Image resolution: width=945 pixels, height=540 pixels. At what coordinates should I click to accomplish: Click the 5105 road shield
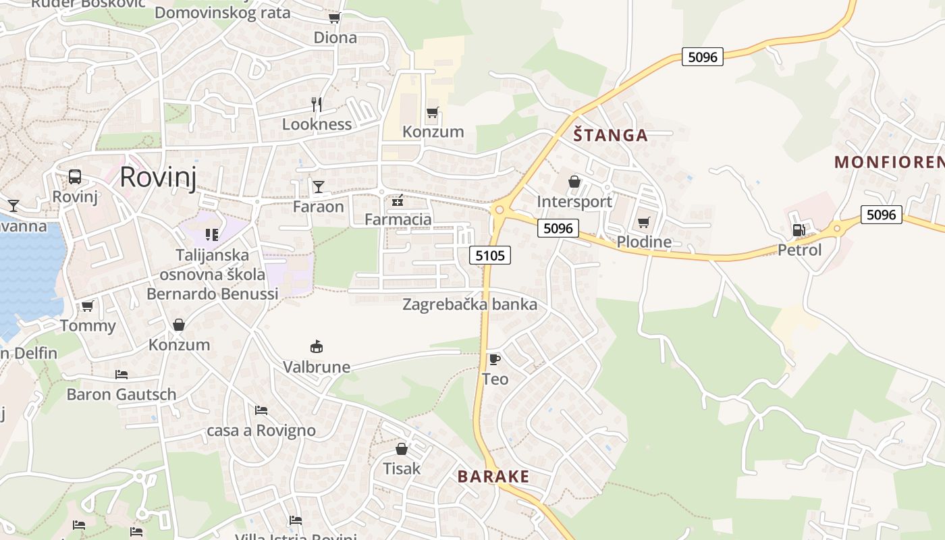click(489, 255)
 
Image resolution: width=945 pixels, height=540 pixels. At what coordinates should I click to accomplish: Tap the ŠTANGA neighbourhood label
click(610, 135)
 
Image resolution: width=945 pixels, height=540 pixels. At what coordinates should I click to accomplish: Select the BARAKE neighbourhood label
click(493, 477)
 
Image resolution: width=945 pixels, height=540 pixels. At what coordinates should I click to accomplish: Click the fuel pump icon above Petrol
click(799, 230)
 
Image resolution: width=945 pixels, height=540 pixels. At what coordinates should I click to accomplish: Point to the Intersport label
click(574, 201)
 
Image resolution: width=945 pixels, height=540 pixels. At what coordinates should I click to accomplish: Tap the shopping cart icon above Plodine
click(643, 222)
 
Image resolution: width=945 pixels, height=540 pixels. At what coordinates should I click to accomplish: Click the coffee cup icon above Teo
click(494, 359)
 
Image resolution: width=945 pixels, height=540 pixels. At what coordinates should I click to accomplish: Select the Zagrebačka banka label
click(470, 304)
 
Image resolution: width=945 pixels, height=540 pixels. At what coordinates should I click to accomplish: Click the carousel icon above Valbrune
click(316, 347)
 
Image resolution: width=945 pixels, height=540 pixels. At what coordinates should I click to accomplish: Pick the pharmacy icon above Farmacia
click(398, 200)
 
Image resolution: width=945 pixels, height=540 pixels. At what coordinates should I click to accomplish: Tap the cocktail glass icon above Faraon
click(318, 186)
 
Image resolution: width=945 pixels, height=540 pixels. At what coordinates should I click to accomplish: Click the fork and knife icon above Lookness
click(316, 104)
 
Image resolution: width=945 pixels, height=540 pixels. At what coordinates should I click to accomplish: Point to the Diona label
click(335, 38)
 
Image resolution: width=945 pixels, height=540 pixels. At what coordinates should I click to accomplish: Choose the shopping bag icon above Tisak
click(402, 449)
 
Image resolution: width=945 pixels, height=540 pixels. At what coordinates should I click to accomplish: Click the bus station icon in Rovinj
click(75, 177)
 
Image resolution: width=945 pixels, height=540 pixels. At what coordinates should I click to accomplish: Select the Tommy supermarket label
click(88, 326)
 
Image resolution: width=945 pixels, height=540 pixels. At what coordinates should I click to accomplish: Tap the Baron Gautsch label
click(122, 394)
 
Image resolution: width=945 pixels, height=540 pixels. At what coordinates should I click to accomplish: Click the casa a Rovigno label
click(261, 431)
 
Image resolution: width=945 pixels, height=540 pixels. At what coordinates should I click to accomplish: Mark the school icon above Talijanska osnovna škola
click(212, 235)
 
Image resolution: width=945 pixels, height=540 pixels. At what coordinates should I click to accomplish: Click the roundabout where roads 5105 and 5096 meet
click(500, 210)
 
